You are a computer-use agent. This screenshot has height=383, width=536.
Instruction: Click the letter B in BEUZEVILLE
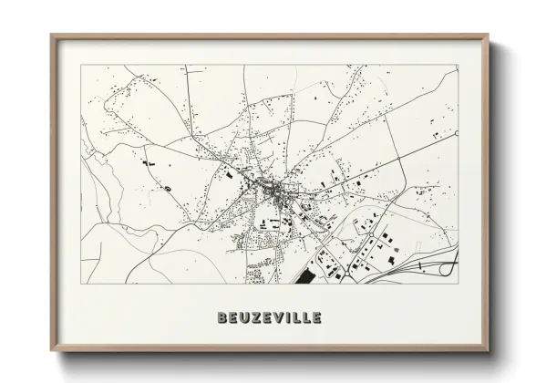pyautogui.click(x=223, y=318)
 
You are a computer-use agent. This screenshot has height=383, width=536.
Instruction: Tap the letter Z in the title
pyautogui.click(x=252, y=318)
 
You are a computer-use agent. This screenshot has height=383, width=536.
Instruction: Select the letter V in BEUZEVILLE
pyautogui.click(x=277, y=318)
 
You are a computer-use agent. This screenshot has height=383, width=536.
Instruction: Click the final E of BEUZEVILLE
pyautogui.click(x=317, y=318)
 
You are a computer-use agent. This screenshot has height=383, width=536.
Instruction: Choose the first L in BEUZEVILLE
pyautogui.click(x=297, y=318)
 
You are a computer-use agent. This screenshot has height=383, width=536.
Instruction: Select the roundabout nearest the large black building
pyautogui.click(x=321, y=260)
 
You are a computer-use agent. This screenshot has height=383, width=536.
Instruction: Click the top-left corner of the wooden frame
pyautogui.click(x=51, y=35)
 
